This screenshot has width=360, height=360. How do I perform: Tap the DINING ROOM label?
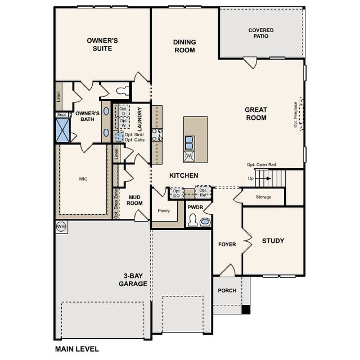coord(184,46)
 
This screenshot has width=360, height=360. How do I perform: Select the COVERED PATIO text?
coord(260,33)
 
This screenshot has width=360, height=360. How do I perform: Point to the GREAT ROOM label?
coord(255,114)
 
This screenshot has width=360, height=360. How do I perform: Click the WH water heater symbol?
coord(61,227)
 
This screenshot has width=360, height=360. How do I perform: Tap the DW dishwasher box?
coord(190,156)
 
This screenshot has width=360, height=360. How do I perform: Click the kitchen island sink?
coord(190,141)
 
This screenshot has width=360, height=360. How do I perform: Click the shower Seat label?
coord(61,115)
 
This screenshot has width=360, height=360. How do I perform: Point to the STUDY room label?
coord(273,241)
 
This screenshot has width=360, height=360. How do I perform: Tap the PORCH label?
coord(227,290)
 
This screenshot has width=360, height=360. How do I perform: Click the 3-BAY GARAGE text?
coord(133,280)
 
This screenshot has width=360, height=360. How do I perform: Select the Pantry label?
coord(164,211)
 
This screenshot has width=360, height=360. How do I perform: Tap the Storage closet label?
coord(263,197)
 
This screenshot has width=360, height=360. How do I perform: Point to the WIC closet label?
coord(83,179)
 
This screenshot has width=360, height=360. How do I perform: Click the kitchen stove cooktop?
coord(156,134)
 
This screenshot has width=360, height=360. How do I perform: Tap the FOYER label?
coord(227,244)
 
